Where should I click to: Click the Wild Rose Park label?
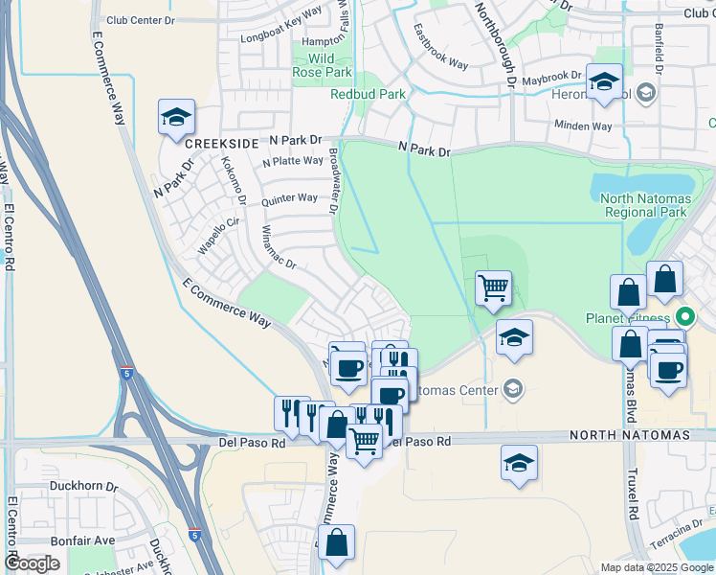(x=324, y=65)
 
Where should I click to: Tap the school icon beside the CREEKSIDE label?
(x=176, y=119)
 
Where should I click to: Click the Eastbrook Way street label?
(x=440, y=54)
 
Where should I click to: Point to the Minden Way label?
(x=583, y=126)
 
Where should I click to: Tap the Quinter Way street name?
(x=289, y=199)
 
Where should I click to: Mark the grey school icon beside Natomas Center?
(x=513, y=389)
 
